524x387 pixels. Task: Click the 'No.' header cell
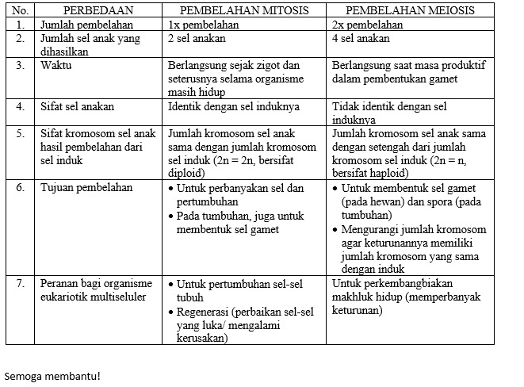[19, 11]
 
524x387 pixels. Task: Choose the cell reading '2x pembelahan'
[368, 25]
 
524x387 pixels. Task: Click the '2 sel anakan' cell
[197, 38]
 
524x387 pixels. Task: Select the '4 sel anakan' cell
[361, 38]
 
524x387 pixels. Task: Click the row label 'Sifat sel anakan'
[77, 105]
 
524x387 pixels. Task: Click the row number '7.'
[20, 283]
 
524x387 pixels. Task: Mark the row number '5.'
[20, 133]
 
